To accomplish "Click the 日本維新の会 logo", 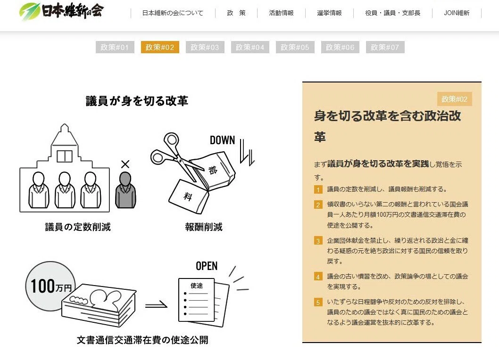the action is pyautogui.click(x=61, y=11).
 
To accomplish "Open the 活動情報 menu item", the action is pyautogui.click(x=281, y=13).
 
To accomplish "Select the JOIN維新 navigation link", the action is pyautogui.click(x=457, y=13).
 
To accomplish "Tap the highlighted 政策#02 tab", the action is pyautogui.click(x=160, y=47).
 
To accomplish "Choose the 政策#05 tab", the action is pyautogui.click(x=295, y=47).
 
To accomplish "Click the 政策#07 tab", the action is pyautogui.click(x=385, y=47).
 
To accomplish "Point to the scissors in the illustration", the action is pyautogui.click(x=176, y=156).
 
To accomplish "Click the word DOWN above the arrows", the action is pyautogui.click(x=222, y=140).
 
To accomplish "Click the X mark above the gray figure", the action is pyautogui.click(x=125, y=164).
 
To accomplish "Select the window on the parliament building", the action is pyautogui.click(x=65, y=156).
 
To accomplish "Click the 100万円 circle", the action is pyautogui.click(x=50, y=286).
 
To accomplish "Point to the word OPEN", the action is pyautogui.click(x=207, y=266).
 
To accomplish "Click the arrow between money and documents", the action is pyautogui.click(x=156, y=305).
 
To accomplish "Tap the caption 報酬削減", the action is pyautogui.click(x=204, y=227).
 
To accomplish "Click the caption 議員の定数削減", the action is pyautogui.click(x=78, y=227).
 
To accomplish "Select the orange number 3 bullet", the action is pyautogui.click(x=318, y=240).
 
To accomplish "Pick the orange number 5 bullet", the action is pyautogui.click(x=318, y=302).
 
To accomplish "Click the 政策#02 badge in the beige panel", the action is pyautogui.click(x=455, y=99).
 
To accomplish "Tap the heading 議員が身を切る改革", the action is pyautogui.click(x=137, y=101).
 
